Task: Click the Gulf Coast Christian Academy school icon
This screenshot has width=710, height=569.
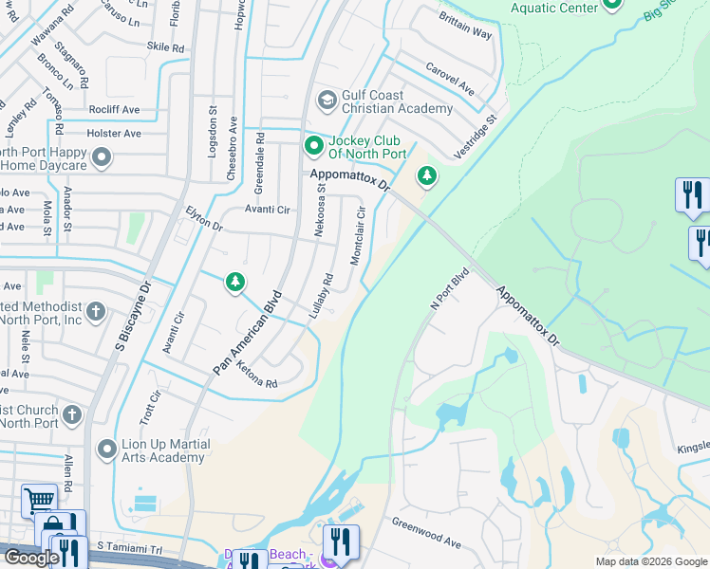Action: pos(327,101)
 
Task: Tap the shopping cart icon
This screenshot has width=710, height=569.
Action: pos(39,499)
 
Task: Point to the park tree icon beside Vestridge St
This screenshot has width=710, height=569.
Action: pos(427,175)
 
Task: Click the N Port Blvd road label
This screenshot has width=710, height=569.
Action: pos(450,293)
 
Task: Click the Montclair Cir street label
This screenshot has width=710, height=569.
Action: pos(359,236)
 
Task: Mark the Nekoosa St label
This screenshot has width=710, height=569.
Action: pos(321,221)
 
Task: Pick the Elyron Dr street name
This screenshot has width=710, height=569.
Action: pos(204,219)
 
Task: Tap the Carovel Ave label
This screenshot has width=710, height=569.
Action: pos(449,80)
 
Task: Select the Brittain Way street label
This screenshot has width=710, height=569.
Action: pos(465,26)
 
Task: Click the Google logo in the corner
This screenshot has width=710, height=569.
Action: pos(31,557)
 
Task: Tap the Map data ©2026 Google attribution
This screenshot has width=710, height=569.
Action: pos(650,561)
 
